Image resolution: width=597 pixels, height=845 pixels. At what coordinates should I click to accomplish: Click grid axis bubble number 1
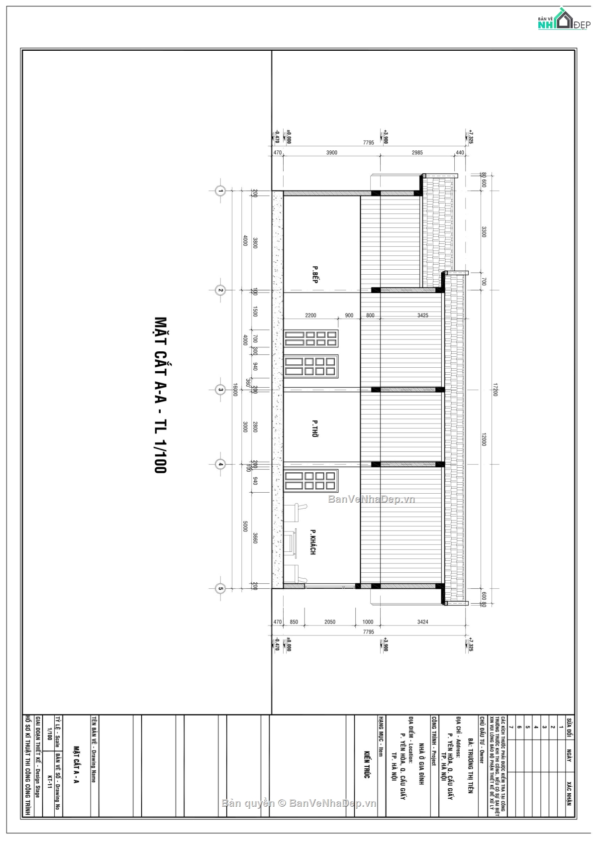(219, 191)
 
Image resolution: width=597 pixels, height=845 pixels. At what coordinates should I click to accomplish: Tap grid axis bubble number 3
(219, 389)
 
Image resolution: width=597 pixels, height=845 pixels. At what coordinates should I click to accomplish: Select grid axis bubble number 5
(219, 588)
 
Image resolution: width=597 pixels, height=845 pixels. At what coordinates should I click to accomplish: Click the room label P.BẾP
(314, 274)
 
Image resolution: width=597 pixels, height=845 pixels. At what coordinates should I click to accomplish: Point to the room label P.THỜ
(314, 428)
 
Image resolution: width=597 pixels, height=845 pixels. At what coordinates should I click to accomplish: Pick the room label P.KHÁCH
(313, 541)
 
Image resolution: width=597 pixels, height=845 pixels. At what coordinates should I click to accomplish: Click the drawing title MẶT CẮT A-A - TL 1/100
(160, 394)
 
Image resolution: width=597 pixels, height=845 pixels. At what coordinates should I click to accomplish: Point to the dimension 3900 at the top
(332, 153)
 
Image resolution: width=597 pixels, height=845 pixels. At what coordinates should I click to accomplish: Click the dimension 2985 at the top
(417, 153)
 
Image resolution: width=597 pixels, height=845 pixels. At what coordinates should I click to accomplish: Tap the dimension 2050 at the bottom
(330, 622)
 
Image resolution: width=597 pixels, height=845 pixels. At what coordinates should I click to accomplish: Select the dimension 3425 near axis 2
(423, 316)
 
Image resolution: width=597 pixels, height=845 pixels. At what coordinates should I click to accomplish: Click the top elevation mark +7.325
(470, 137)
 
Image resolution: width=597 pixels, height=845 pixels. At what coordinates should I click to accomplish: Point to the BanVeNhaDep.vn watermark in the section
(371, 499)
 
